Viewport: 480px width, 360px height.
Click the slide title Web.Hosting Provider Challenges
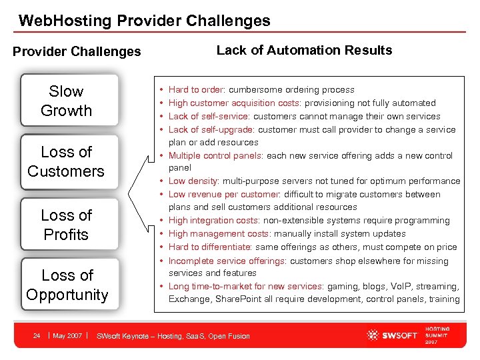[x=145, y=21]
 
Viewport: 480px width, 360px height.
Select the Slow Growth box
[x=66, y=101]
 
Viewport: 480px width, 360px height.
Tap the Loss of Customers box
[x=66, y=161]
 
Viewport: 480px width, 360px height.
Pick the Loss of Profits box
[x=66, y=225]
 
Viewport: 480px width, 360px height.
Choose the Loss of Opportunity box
[x=67, y=285]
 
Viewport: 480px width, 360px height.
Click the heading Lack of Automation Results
[x=304, y=50]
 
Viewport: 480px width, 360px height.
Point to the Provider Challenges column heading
[x=77, y=51]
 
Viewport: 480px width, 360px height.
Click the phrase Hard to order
[x=196, y=90]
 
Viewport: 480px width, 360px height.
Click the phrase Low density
[x=194, y=181]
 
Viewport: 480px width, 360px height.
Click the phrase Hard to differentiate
[x=210, y=247]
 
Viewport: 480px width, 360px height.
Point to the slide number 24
[x=37, y=335]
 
